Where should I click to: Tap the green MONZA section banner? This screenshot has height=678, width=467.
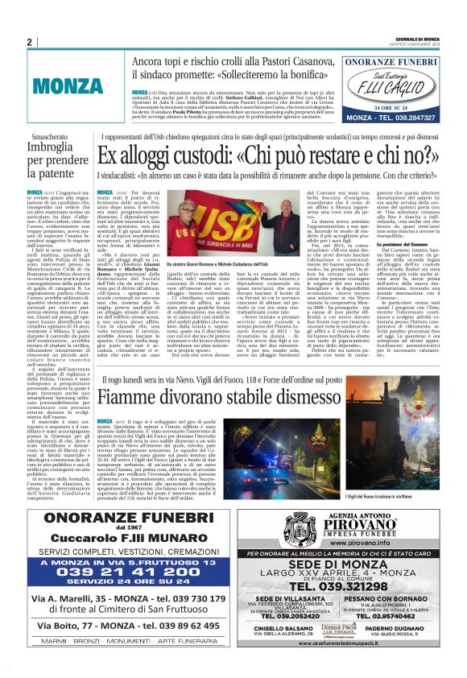[68, 85]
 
